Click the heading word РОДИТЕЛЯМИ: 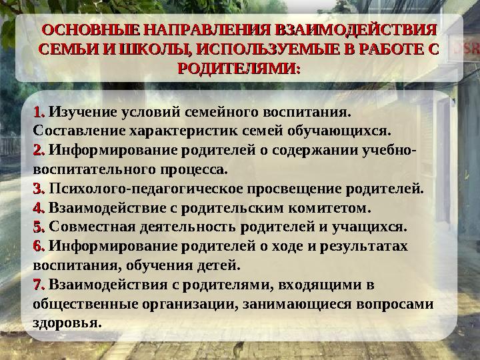240,68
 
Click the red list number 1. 39,111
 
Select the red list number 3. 39,188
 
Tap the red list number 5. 39,227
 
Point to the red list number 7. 39,285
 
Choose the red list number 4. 39,207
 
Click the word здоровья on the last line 67,324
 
